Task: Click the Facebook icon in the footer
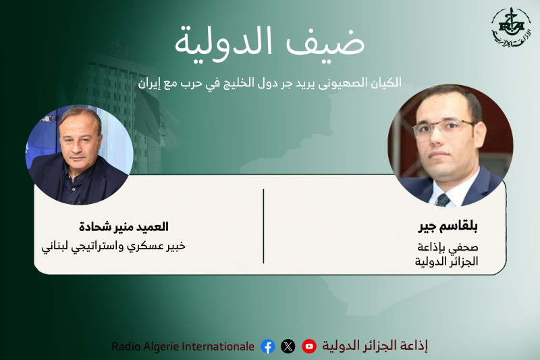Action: (x=268, y=346)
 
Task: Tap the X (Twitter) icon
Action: (x=288, y=346)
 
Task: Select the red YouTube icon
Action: (x=309, y=346)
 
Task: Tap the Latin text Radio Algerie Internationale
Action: (x=183, y=346)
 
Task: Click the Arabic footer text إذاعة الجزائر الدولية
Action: (x=375, y=346)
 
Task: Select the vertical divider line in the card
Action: (x=263, y=226)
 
